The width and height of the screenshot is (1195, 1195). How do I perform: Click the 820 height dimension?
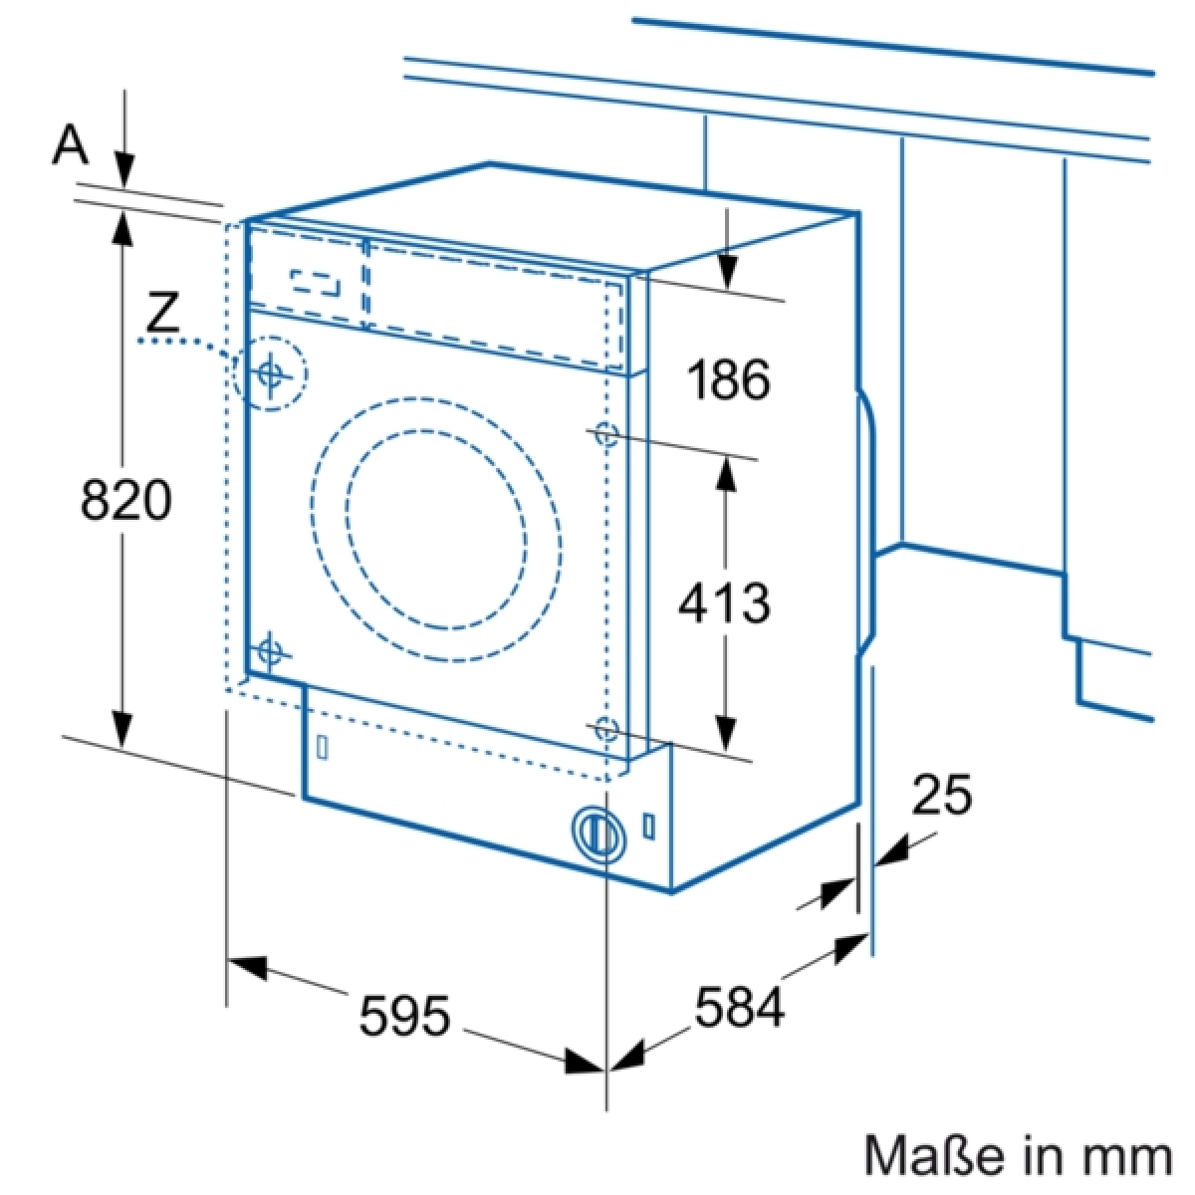(125, 499)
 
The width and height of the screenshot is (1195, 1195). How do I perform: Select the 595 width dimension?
(404, 1015)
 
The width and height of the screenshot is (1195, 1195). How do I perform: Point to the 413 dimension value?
(724, 602)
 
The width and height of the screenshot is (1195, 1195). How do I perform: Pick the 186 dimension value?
(729, 379)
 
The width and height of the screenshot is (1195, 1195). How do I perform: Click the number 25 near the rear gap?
(941, 795)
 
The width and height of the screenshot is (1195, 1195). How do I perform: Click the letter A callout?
(70, 142)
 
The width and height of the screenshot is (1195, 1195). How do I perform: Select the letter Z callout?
(161, 313)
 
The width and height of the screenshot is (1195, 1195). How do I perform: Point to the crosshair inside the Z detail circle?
(270, 372)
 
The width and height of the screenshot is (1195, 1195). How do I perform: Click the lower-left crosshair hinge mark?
(269, 651)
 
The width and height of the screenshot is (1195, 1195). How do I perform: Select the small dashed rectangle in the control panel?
(316, 283)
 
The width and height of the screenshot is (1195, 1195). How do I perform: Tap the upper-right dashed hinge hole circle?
(605, 433)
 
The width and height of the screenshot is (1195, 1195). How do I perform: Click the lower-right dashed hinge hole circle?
(605, 729)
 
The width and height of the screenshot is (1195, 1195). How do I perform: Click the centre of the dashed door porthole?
(436, 528)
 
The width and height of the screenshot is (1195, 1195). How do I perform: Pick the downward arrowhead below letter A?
(124, 169)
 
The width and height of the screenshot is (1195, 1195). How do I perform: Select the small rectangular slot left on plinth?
(322, 747)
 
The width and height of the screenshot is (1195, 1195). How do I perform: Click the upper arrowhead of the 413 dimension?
(726, 473)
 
